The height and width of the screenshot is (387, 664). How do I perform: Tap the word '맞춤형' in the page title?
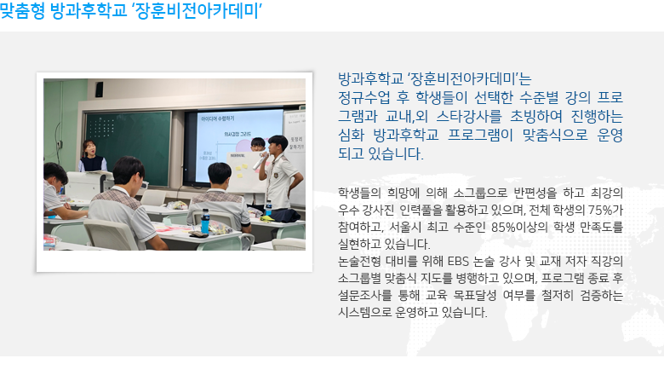(22, 10)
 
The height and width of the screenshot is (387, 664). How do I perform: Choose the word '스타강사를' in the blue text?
(469, 116)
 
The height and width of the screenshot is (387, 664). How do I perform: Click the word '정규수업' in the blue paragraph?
(363, 97)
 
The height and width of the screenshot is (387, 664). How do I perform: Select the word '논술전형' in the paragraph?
(359, 261)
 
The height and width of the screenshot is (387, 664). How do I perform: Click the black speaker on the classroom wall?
(99, 89)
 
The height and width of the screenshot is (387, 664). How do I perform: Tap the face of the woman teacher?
(89, 148)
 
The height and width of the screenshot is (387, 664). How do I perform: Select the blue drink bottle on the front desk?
(205, 222)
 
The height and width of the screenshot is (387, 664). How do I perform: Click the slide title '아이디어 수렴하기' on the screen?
(218, 118)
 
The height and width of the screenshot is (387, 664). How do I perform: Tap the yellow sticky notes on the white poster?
(242, 169)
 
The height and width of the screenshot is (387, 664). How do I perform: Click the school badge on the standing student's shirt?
(276, 175)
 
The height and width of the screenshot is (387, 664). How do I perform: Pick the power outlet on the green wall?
(60, 144)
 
